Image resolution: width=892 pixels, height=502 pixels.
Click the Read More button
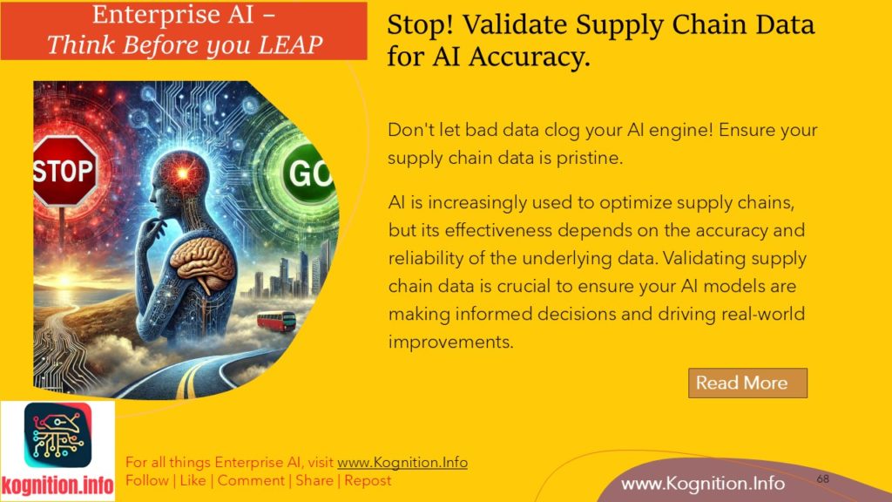(747, 383)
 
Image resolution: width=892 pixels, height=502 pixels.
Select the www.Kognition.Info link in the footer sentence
(402, 462)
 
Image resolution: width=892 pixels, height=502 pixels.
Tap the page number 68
(822, 479)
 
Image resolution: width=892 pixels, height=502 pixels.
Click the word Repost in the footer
(368, 480)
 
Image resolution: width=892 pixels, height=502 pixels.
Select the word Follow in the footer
(147, 480)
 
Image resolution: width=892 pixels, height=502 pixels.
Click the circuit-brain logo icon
(57, 436)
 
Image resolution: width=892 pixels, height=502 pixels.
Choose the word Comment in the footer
(251, 480)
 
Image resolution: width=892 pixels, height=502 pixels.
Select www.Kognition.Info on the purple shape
(703, 483)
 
